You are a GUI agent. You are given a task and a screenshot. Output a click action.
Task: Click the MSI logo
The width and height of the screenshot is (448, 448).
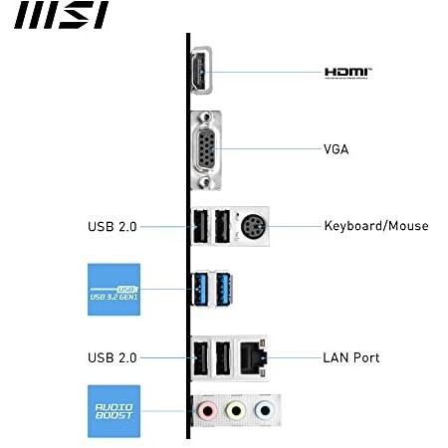(62, 15)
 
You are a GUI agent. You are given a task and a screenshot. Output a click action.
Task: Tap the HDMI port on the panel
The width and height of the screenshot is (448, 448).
(201, 71)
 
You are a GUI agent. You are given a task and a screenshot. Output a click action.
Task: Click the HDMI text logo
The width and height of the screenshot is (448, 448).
(348, 73)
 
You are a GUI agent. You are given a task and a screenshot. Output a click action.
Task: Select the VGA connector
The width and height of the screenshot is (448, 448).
(206, 150)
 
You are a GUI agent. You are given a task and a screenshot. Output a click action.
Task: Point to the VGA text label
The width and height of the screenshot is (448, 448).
(336, 149)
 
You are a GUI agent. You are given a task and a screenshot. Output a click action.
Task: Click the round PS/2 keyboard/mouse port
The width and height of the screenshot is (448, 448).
(253, 227)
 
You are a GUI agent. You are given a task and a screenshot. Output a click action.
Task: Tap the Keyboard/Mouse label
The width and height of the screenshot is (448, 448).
(376, 226)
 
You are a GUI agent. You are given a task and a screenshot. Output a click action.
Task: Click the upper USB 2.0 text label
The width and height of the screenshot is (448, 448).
(112, 227)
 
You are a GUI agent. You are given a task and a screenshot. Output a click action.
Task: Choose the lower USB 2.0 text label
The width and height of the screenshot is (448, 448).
(112, 357)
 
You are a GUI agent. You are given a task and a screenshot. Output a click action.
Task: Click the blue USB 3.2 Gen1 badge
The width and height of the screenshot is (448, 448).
(113, 290)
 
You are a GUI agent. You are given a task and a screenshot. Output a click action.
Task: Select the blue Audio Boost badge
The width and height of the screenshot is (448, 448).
(113, 411)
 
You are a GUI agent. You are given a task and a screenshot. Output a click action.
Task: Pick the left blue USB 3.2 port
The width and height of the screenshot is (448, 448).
(200, 289)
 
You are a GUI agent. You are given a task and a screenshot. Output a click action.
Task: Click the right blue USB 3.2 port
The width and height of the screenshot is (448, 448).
(224, 289)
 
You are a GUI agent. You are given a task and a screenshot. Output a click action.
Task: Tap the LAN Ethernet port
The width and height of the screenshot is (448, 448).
(253, 358)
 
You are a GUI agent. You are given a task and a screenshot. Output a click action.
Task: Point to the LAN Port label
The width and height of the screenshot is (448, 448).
(351, 357)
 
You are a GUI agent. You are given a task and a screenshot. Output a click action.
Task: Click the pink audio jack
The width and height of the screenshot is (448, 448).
(207, 411)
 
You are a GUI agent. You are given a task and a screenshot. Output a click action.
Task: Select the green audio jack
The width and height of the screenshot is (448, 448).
(236, 411)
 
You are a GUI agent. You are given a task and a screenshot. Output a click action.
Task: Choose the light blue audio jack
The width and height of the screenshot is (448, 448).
(265, 411)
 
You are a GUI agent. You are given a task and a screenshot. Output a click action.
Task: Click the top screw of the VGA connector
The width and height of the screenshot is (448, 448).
(206, 116)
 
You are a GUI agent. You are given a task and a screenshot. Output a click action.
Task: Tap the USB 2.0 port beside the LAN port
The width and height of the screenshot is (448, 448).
(223, 358)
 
